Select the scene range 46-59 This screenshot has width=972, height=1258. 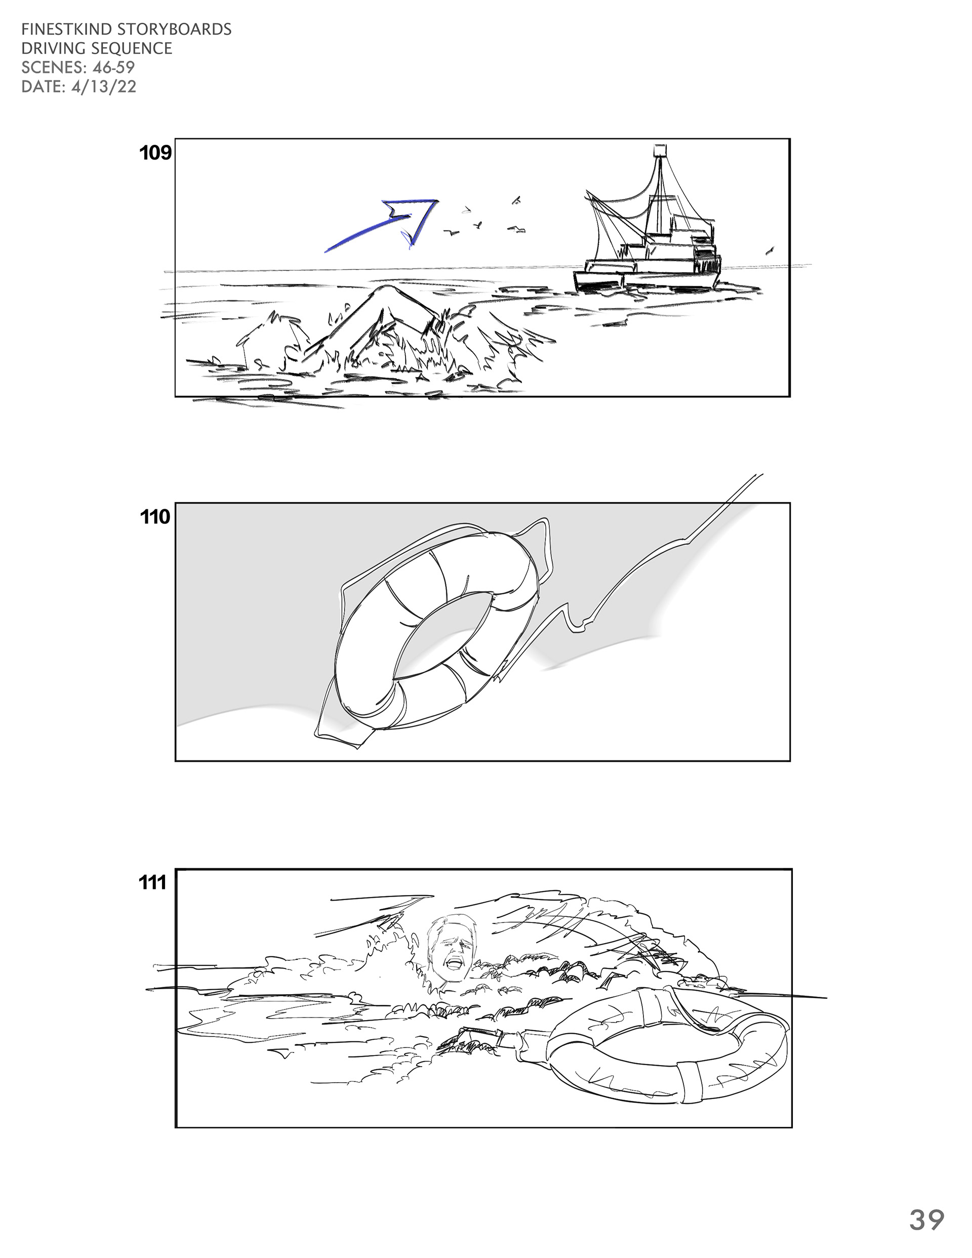tap(113, 67)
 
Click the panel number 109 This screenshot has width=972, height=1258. tap(155, 153)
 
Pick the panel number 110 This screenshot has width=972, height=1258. tap(155, 517)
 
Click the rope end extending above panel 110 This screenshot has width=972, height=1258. tap(759, 476)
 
